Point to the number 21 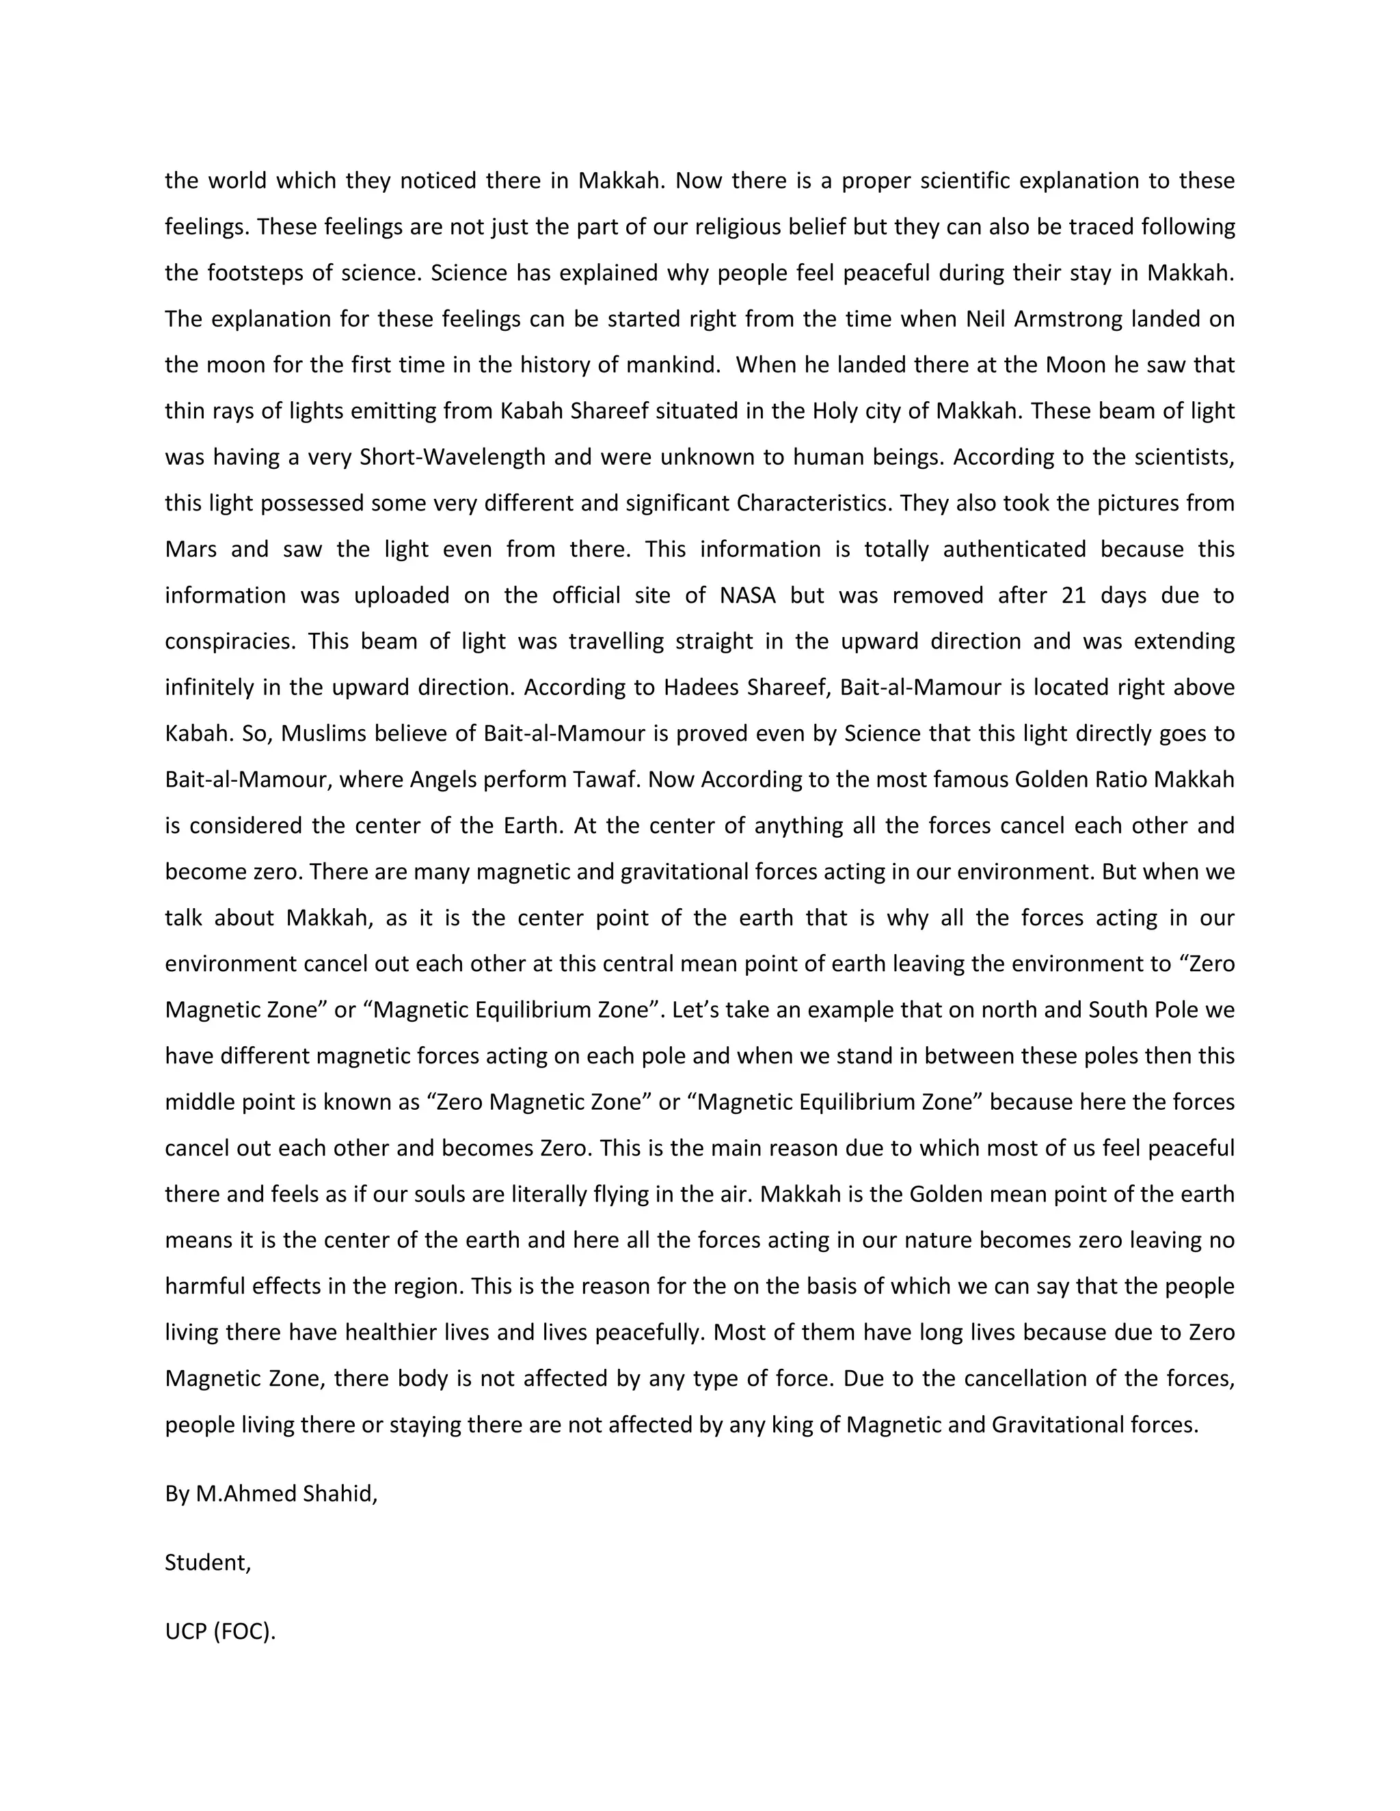(x=1073, y=595)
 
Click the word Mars (x=191, y=549)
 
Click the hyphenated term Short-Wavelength (x=452, y=458)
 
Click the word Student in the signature (x=206, y=1562)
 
